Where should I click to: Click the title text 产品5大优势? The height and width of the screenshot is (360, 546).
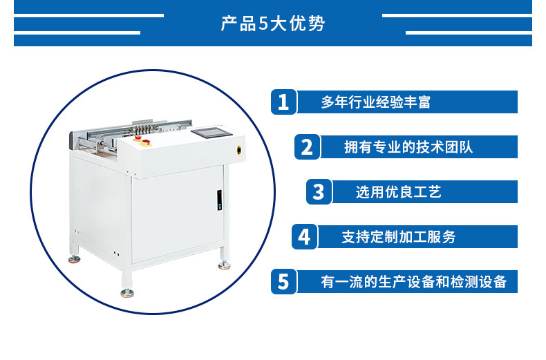[x=273, y=23]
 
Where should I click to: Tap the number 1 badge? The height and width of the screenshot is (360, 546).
[x=284, y=102]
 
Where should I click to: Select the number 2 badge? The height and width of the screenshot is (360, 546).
[x=307, y=147]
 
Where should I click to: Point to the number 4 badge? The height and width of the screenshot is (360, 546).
[x=304, y=237]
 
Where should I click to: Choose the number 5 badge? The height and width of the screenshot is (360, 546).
[x=284, y=282]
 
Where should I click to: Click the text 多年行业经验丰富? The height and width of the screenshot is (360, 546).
[x=376, y=102]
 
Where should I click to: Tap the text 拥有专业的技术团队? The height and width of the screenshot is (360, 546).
[x=408, y=147]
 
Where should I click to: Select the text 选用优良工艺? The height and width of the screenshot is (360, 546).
[x=398, y=192]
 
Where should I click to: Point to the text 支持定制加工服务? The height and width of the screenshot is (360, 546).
[x=399, y=237]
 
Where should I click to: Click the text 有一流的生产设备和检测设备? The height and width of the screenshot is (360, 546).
[x=414, y=282]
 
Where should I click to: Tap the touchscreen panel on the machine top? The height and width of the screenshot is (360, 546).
[x=211, y=133]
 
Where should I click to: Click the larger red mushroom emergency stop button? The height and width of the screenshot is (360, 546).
[x=146, y=142]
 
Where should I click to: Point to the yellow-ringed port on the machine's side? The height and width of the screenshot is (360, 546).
[x=239, y=150]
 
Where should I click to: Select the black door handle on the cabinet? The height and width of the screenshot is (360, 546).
[x=219, y=200]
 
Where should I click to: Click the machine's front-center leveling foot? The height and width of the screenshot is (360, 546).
[x=127, y=292]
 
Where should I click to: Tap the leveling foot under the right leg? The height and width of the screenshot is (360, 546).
[x=224, y=265]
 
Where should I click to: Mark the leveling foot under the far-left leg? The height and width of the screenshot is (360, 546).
[x=74, y=259]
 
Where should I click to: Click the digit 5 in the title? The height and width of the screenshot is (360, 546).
[x=263, y=24]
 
